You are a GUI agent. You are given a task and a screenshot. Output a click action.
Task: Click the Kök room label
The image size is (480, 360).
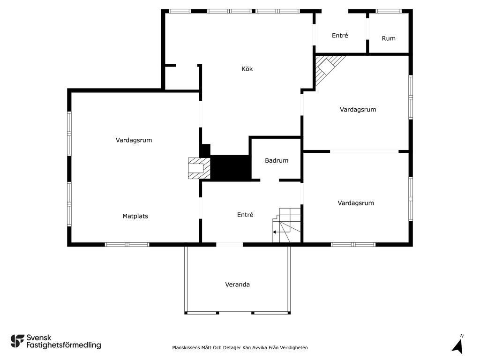(247, 69)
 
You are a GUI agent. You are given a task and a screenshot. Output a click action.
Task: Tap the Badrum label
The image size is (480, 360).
(277, 160)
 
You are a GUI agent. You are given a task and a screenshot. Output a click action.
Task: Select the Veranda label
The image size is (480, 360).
(237, 285)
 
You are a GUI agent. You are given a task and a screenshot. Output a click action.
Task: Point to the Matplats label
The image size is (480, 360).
(135, 216)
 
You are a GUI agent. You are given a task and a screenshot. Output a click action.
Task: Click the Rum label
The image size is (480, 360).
(389, 38)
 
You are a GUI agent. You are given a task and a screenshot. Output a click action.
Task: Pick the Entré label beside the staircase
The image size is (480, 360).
(245, 215)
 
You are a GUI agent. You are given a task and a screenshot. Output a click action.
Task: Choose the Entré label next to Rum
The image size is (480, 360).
(340, 36)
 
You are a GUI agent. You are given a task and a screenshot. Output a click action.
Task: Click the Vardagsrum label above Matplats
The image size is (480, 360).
(134, 140)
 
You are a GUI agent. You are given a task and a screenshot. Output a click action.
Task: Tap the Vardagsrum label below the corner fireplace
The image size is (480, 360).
(358, 110)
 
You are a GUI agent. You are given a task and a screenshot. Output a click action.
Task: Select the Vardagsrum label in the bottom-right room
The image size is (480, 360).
(356, 203)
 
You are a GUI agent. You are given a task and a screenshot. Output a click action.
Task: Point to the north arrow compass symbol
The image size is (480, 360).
(458, 345)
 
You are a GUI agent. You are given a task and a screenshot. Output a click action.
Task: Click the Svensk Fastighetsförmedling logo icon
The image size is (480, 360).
(17, 341)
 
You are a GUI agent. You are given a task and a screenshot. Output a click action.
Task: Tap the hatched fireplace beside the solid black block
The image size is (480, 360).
(199, 168)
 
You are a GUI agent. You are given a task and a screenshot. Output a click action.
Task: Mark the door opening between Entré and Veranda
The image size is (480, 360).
(229, 245)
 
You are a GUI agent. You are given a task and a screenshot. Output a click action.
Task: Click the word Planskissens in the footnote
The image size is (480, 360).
(187, 347)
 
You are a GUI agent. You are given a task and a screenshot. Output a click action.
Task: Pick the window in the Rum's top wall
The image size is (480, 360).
(389, 11)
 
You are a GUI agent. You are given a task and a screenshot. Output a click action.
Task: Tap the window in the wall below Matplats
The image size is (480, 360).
(127, 245)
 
